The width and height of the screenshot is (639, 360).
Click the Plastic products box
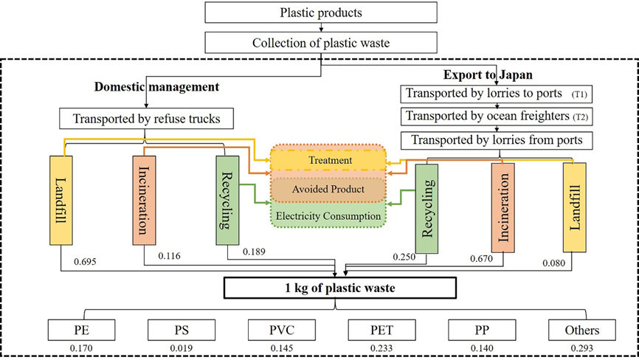tap(319, 13)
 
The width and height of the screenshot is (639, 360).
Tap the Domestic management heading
tap(156, 87)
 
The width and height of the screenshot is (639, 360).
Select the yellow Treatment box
tap(330, 159)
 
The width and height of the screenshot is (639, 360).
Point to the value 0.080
tap(556, 263)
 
